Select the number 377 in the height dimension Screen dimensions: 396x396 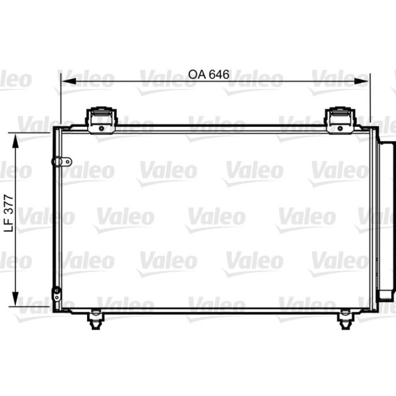pos(8,210)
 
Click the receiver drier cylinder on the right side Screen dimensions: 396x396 pos(386,219)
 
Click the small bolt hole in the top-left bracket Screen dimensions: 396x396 pos(99,127)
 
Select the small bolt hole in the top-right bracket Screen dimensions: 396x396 pos(337,127)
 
